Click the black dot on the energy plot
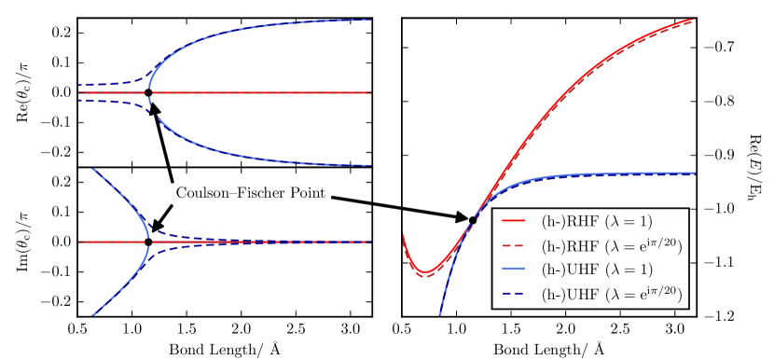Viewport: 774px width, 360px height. (x=473, y=220)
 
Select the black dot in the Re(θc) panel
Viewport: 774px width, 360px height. (x=148, y=92)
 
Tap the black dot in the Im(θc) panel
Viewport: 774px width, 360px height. (x=148, y=242)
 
